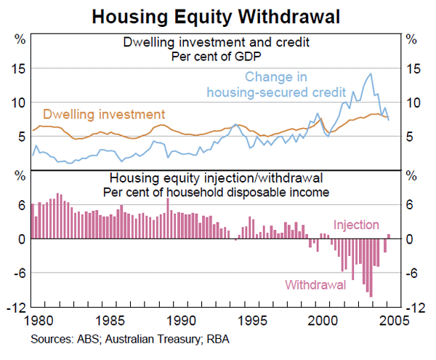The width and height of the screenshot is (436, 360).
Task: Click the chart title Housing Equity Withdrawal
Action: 217,15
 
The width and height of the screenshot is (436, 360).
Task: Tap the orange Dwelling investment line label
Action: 104,114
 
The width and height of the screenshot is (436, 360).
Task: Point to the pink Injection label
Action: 356,225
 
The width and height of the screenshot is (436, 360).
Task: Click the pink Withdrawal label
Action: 315,284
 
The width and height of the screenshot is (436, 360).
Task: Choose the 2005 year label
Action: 395,321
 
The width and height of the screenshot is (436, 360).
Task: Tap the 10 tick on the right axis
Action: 413,103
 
